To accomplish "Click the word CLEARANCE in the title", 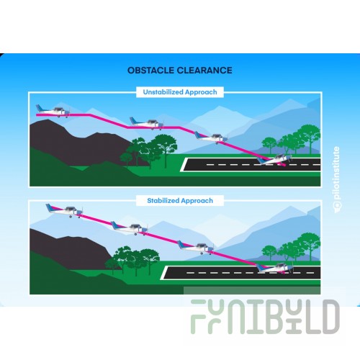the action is point(204,71).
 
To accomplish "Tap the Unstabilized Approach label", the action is point(180,92).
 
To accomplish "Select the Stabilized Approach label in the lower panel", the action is point(180,201).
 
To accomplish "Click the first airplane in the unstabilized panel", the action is point(53,111).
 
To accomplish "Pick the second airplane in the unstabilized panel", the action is point(147,123).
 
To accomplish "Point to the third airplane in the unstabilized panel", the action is point(211,138).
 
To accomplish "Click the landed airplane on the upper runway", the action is point(275,160).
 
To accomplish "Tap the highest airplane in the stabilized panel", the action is point(64,211).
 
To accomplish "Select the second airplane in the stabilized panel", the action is point(130,228).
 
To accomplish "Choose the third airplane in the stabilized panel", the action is point(196,247).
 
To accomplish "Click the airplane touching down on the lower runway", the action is point(275,268).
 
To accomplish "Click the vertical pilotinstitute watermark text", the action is point(337,179).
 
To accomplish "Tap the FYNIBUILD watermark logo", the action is point(265,317).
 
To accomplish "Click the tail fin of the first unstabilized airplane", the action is point(39,108).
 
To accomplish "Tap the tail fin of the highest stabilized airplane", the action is point(50,207).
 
